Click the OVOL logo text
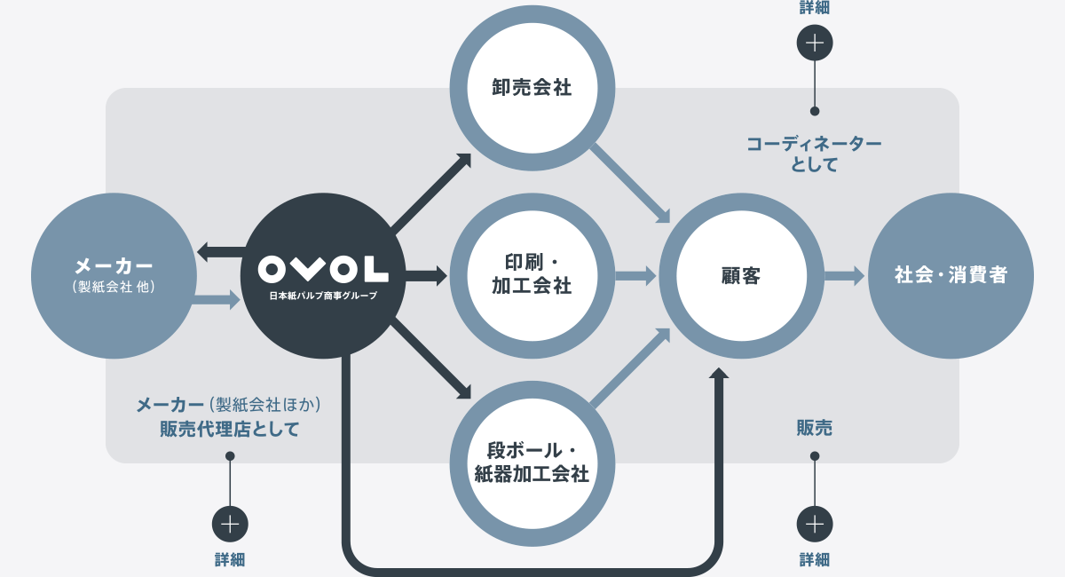323,269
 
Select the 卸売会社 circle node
532,88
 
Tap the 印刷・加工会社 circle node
532,276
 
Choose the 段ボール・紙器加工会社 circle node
532,463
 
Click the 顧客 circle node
741,276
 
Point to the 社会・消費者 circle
951,276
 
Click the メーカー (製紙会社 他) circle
114,276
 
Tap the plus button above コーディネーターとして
815,43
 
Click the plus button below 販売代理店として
230,525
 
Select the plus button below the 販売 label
815,525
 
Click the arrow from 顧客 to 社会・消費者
844,276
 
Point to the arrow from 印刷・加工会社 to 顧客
635,276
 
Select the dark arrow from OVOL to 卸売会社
430,192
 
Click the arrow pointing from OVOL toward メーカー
222,251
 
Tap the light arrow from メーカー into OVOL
217,300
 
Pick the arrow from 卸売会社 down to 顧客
630,184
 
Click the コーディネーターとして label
814,154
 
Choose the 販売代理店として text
230,429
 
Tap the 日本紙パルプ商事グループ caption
323,296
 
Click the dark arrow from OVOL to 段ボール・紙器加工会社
430,360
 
